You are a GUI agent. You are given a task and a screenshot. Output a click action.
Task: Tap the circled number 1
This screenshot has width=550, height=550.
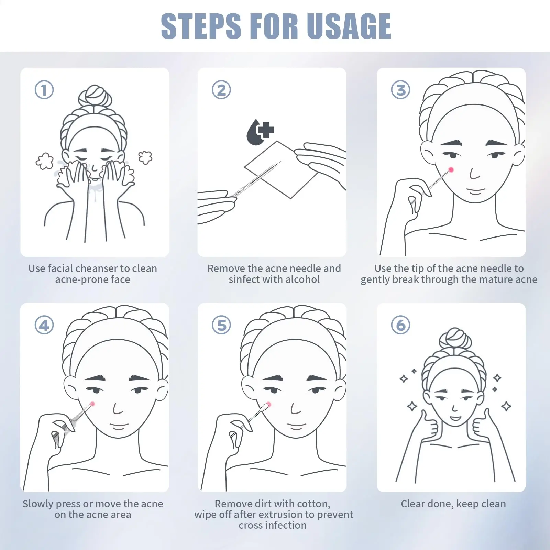(x=44, y=90)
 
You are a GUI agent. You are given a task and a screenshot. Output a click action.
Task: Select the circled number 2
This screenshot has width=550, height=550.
(x=221, y=90)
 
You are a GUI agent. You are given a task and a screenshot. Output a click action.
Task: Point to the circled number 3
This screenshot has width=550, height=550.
(x=401, y=90)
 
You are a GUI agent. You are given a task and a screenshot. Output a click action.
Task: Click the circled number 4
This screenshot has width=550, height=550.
(x=44, y=325)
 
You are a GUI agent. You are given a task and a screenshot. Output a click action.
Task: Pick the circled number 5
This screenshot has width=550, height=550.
(x=221, y=325)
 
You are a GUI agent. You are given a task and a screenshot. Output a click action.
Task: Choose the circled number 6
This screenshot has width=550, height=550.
(x=401, y=325)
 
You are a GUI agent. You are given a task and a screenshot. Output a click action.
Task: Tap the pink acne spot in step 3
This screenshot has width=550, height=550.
(x=451, y=169)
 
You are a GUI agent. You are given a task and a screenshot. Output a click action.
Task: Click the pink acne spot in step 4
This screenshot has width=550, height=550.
(x=92, y=404)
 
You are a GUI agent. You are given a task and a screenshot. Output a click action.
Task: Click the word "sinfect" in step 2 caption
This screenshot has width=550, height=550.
(x=244, y=279)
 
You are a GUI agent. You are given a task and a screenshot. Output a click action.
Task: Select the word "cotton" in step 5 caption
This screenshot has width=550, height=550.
(x=313, y=504)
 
